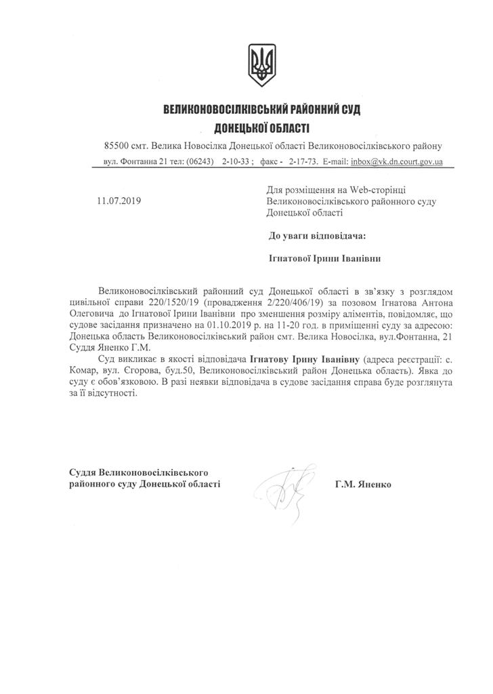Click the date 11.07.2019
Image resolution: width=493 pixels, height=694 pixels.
(119, 201)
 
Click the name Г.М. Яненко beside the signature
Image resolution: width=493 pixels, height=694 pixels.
(362, 485)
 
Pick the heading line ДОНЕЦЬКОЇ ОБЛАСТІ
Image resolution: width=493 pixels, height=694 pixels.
(261, 127)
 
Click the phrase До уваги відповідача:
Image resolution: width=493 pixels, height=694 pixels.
(317, 235)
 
